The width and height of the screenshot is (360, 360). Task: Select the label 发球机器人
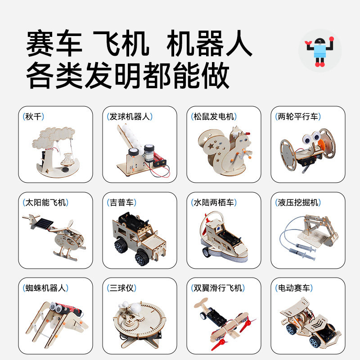click(130, 117)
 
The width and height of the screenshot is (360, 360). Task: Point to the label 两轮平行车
click(297, 117)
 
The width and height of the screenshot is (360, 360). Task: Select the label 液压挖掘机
click(297, 202)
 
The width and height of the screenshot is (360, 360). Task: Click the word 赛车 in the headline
click(54, 45)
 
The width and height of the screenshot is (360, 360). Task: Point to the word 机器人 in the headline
click(209, 45)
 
